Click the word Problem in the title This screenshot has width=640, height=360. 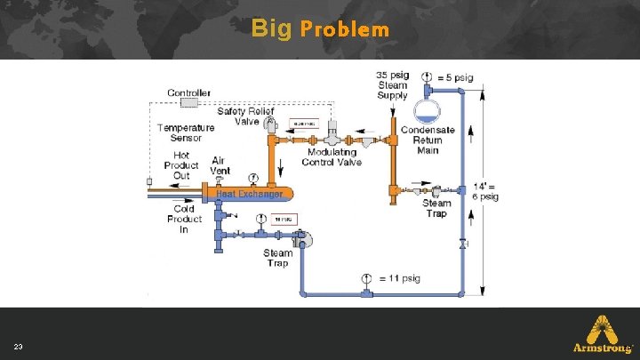click(x=345, y=29)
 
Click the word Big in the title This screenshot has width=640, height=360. click(x=271, y=28)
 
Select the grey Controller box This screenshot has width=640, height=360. click(x=188, y=102)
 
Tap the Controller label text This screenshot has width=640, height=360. click(x=189, y=92)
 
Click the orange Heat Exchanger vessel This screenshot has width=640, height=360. click(x=250, y=192)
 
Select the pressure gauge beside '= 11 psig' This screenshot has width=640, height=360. click(x=366, y=278)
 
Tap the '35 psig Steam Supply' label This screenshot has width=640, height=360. click(x=392, y=85)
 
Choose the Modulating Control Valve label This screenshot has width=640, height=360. click(x=332, y=156)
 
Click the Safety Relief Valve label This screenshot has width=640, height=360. click(x=244, y=116)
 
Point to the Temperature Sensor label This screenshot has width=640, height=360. click(x=186, y=132)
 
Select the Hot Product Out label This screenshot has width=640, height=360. click(x=181, y=165)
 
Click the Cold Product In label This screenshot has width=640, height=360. click(x=184, y=219)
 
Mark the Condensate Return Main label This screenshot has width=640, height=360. click(x=428, y=140)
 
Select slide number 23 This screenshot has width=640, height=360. click(x=18, y=345)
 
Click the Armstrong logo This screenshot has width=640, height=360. click(x=603, y=335)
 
